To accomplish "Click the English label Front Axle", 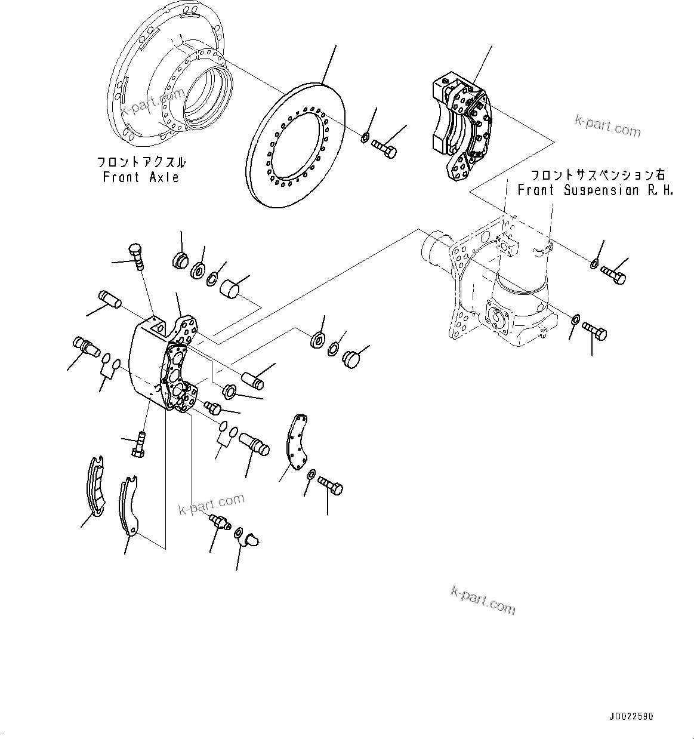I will click(x=141, y=177).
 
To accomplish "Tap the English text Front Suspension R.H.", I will click(x=595, y=190).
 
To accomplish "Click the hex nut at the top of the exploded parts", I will click(x=181, y=260).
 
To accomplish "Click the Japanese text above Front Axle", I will click(x=141, y=162).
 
